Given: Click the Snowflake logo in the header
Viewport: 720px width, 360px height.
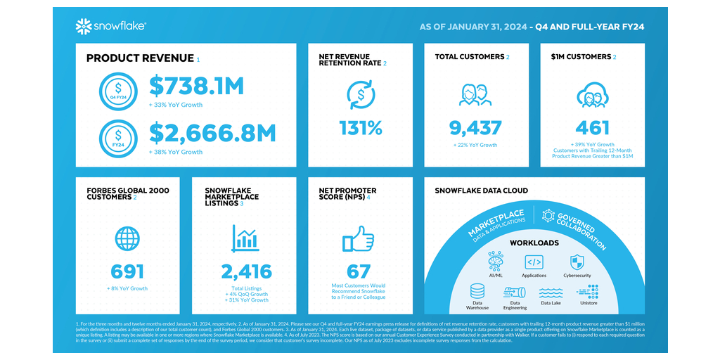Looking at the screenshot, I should click(110, 27).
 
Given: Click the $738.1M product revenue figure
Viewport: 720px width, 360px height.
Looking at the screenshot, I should click(196, 86).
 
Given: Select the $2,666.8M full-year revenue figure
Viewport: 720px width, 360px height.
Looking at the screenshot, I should click(212, 133).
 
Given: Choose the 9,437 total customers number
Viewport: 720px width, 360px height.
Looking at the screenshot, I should click(476, 127).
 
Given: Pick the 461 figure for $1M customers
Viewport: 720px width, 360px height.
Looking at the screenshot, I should click(592, 127).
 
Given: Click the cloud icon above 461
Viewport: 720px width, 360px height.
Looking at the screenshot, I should click(592, 95).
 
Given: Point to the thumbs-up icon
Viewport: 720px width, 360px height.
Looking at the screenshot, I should click(358, 239).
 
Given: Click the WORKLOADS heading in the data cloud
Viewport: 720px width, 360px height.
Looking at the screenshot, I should click(534, 243).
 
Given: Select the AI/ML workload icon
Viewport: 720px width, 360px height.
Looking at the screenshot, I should click(496, 261).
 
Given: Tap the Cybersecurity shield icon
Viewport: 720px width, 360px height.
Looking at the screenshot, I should click(577, 262).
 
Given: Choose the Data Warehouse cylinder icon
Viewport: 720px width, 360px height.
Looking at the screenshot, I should click(477, 291).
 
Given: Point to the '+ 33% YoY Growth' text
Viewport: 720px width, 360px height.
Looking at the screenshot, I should click(175, 105).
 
